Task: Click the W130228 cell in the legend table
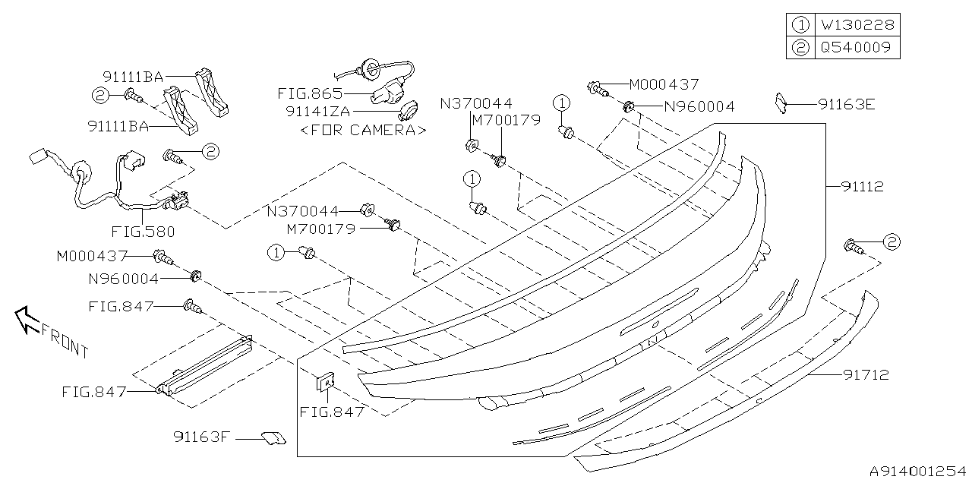[x=857, y=25]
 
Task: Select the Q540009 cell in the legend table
[x=857, y=47]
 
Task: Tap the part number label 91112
[x=862, y=187]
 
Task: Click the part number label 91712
[x=866, y=374]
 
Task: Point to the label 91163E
[x=847, y=105]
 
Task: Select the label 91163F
[x=200, y=437]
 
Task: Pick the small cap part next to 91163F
[x=273, y=438]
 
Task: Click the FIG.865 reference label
[x=310, y=93]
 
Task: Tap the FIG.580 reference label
[x=143, y=232]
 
